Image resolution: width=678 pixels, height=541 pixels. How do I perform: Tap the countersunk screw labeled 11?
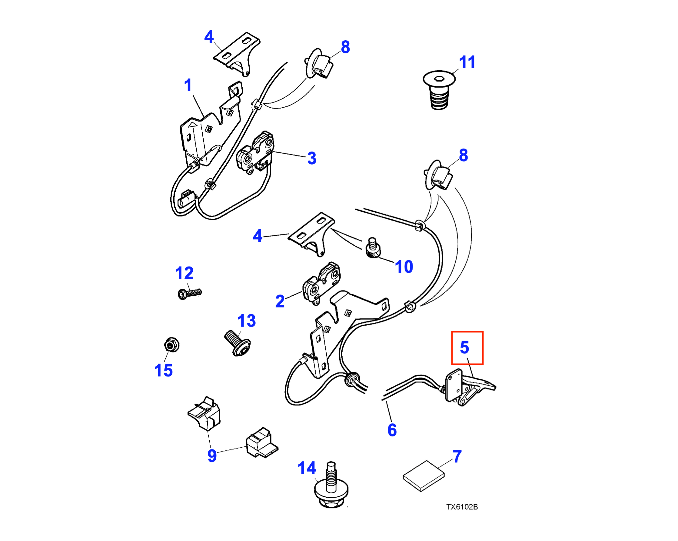point(439,90)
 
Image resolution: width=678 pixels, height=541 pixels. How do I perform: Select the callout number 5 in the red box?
point(464,348)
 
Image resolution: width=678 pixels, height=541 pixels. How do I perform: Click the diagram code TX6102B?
point(462,507)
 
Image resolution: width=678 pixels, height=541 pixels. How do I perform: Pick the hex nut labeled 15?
point(172,345)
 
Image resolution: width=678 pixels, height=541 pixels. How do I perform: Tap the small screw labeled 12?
point(190,294)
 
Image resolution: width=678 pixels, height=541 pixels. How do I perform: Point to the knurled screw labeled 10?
point(373,249)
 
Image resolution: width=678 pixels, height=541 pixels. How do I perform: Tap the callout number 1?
point(188,85)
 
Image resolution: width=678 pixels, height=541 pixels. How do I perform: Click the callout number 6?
point(392,430)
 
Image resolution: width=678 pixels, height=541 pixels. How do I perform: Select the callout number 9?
point(212,455)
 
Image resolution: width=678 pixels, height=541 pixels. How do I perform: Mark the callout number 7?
point(457,456)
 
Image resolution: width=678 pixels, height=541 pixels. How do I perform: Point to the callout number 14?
point(307,468)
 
